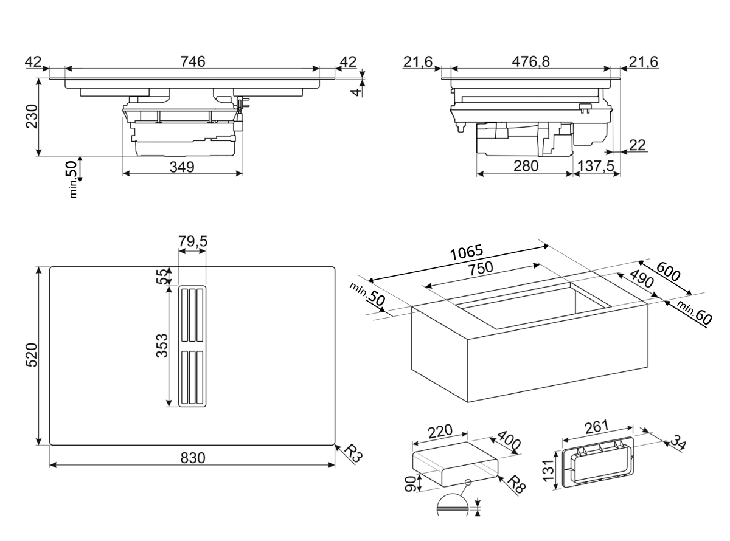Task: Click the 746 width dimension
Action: [193, 61]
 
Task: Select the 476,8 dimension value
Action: [530, 61]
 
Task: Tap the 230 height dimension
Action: [32, 117]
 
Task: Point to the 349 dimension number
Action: [182, 167]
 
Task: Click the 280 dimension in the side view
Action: [526, 166]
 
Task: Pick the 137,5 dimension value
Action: [596, 166]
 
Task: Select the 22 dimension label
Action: [637, 145]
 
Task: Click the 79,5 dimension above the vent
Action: [193, 241]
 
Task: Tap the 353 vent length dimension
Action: [162, 346]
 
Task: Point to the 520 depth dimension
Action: [32, 355]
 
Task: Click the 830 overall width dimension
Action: [193, 458]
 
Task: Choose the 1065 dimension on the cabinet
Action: [467, 252]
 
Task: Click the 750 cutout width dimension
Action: [481, 268]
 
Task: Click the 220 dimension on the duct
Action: [440, 432]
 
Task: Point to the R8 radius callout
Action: [516, 484]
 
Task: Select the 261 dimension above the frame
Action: [596, 427]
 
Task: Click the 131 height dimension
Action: [548, 470]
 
